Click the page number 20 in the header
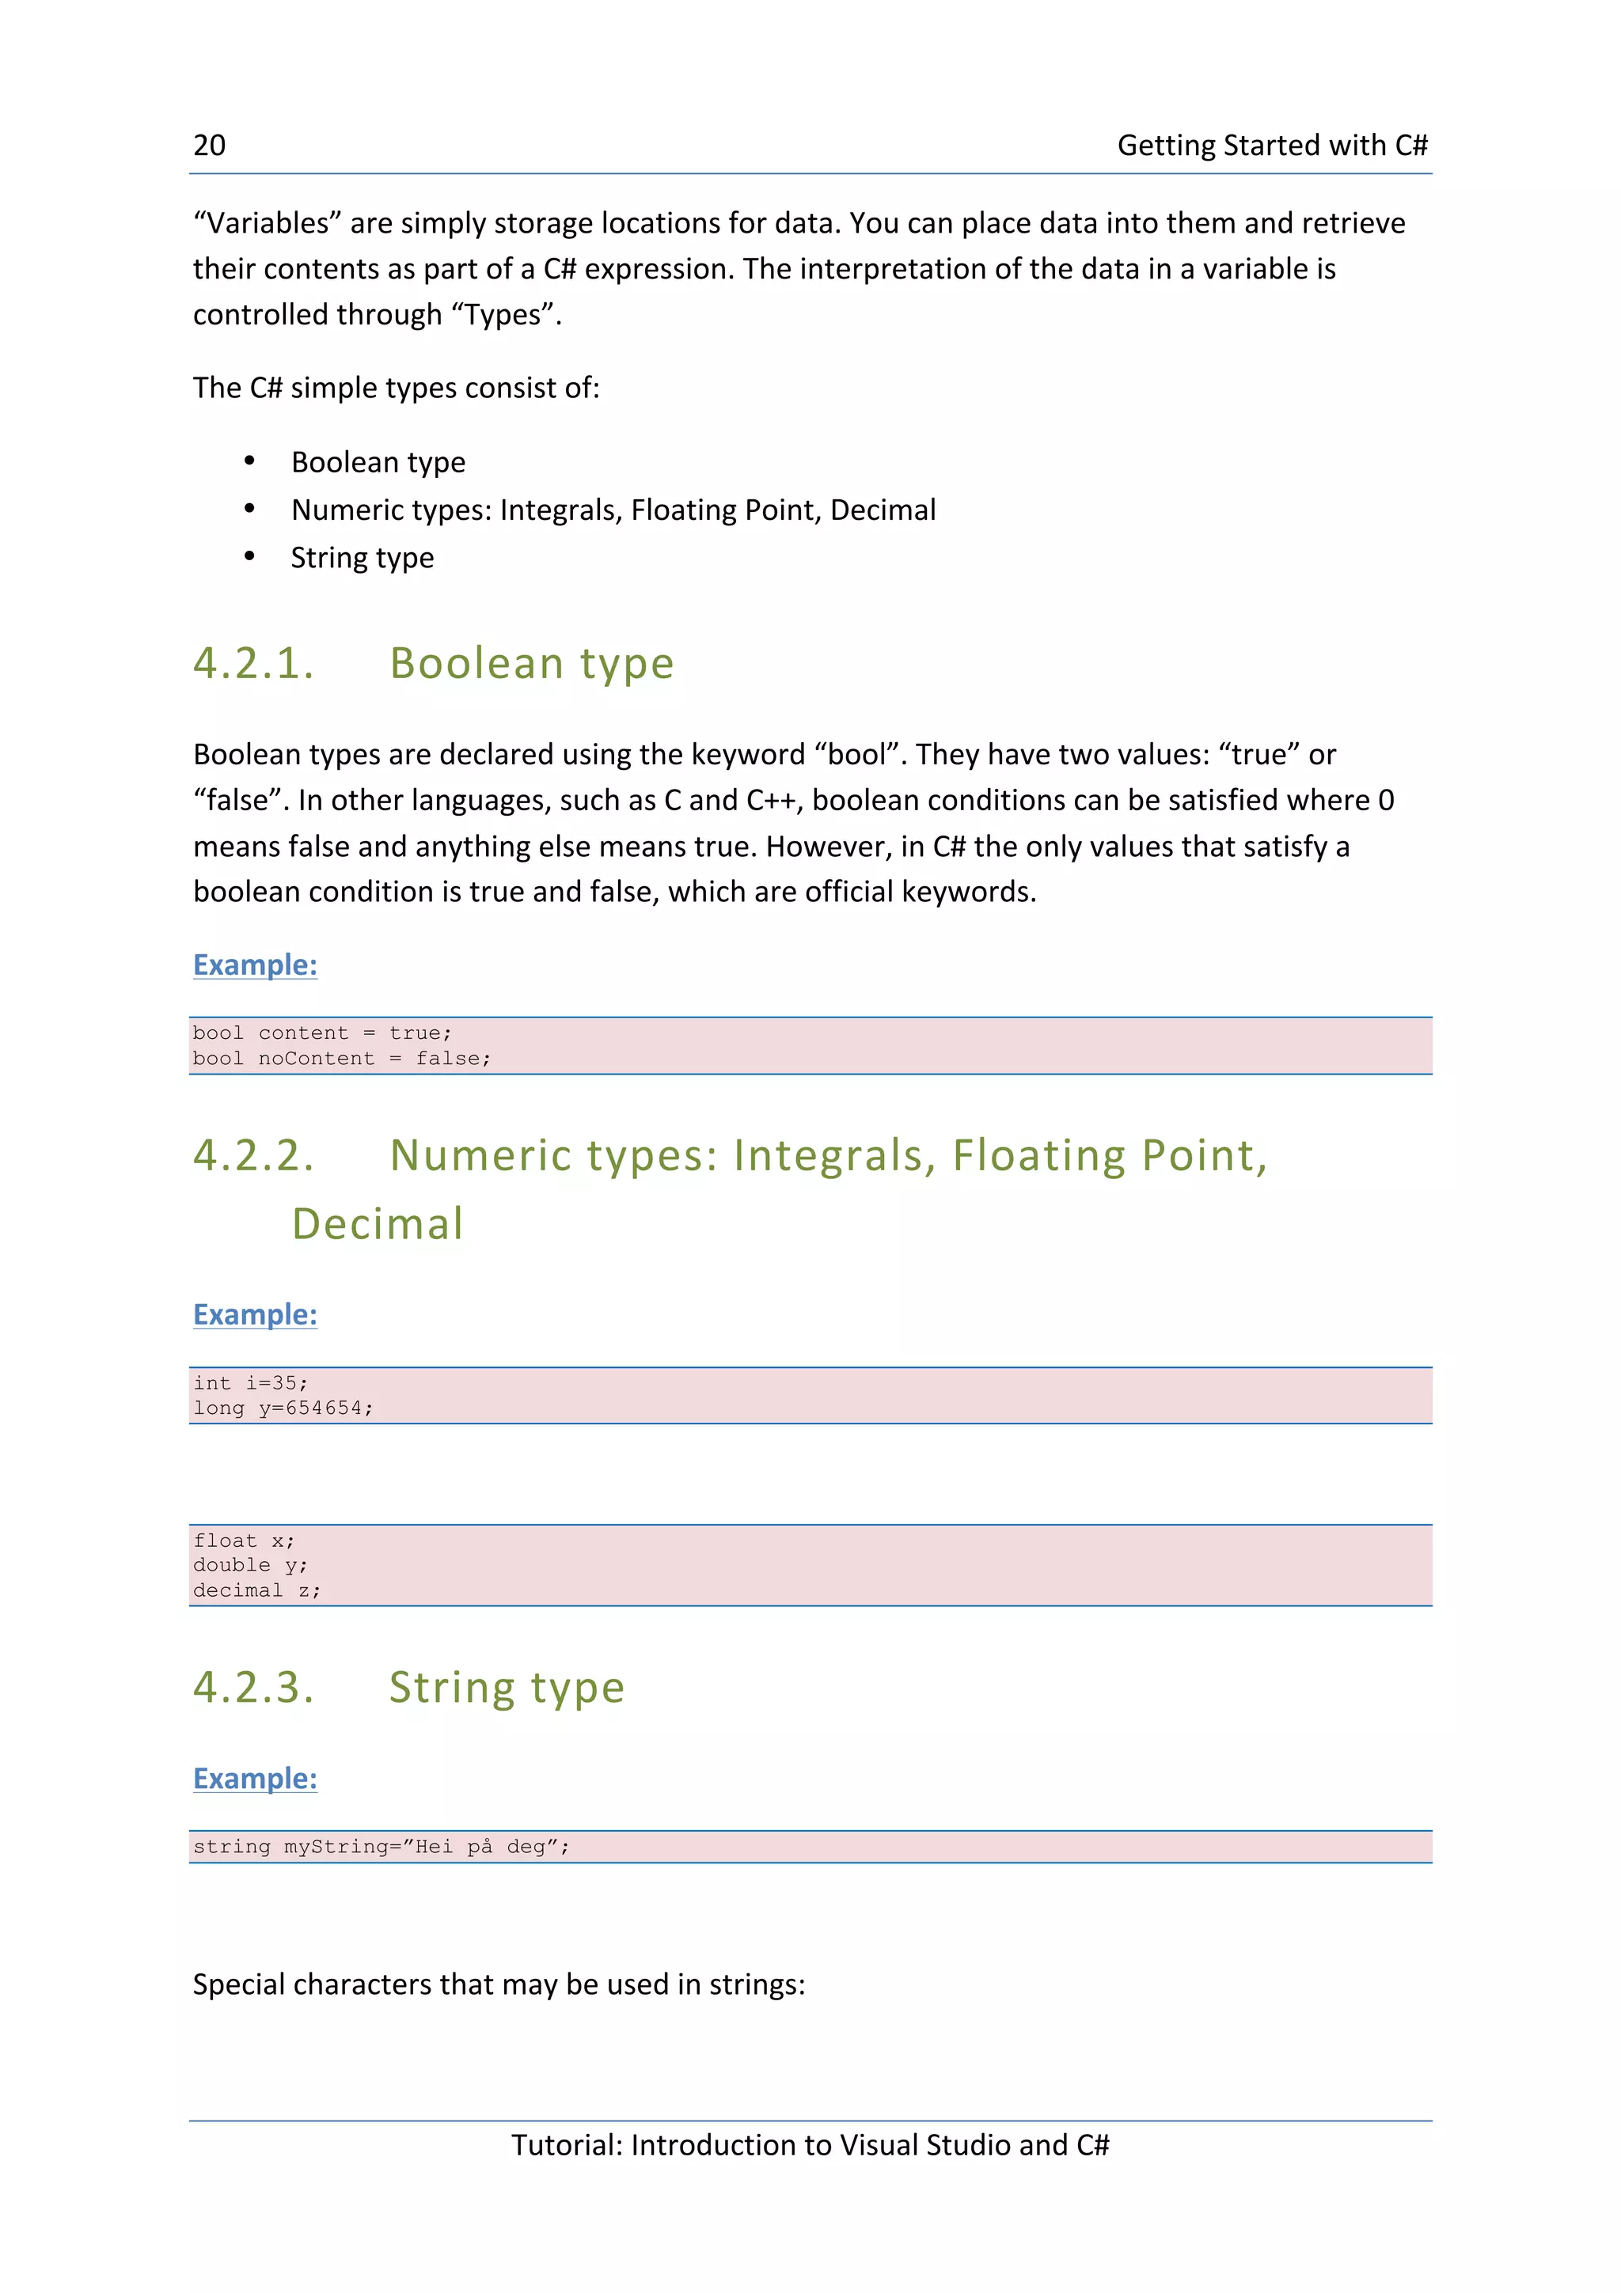(209, 146)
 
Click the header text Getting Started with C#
(1271, 146)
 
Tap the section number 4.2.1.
(254, 664)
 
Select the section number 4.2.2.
(254, 1155)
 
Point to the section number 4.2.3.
(254, 1688)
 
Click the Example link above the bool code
(255, 965)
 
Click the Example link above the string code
(255, 1779)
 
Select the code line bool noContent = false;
(342, 1059)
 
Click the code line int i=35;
(251, 1383)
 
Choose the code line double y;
(251, 1565)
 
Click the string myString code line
(381, 1847)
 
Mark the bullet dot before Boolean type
(249, 461)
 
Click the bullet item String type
(362, 557)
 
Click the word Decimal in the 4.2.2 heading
(378, 1224)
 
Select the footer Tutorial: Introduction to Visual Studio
(809, 2145)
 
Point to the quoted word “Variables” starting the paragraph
(267, 222)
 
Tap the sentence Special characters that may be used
(499, 1984)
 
